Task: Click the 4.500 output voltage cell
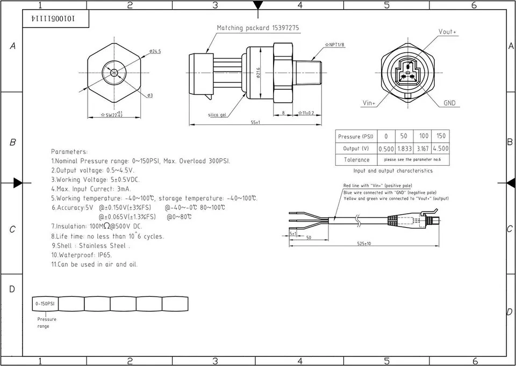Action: tap(440, 149)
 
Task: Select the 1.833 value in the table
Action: tap(404, 149)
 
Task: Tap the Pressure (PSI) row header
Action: tap(355, 137)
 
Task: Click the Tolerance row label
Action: tap(356, 160)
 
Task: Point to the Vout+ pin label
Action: tap(447, 32)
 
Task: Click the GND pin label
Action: tap(449, 103)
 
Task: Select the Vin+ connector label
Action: tap(369, 103)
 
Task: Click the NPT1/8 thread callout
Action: tap(335, 45)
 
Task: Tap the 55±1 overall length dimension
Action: tap(254, 123)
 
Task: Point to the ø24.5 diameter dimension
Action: tap(155, 51)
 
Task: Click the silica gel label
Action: tap(218, 115)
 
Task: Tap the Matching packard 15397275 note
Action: tap(257, 28)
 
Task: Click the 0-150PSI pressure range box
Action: tap(45, 304)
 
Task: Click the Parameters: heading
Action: tap(69, 152)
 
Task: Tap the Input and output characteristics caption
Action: tap(392, 171)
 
